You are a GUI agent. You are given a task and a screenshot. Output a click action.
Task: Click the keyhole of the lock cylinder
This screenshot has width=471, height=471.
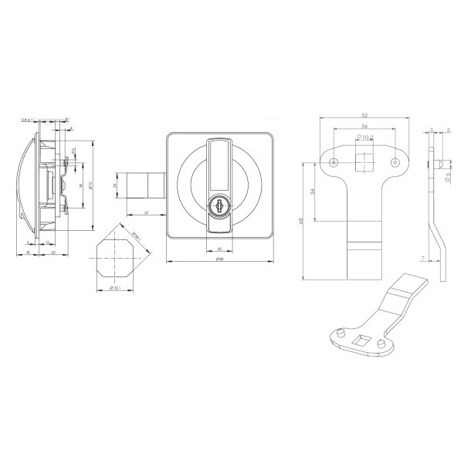pyautogui.click(x=219, y=207)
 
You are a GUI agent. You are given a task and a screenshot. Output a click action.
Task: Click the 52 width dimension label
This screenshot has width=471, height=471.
pyautogui.click(x=363, y=115)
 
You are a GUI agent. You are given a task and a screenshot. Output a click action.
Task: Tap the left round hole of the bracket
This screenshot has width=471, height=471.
pyautogui.click(x=333, y=164)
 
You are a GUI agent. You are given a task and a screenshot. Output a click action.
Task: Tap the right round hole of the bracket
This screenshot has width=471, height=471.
pyautogui.click(x=395, y=164)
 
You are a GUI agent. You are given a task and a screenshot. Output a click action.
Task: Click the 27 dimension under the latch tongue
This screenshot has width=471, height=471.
pyautogui.click(x=146, y=212)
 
